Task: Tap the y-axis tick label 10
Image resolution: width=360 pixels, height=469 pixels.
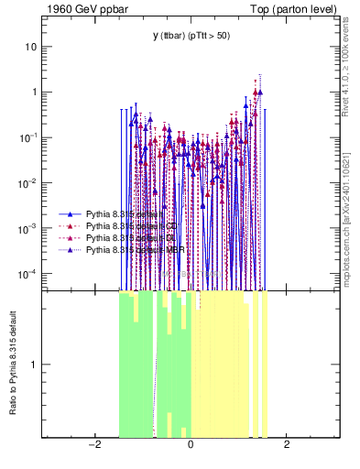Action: (x=30, y=46)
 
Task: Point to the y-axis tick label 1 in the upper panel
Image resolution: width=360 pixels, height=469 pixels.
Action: (x=33, y=92)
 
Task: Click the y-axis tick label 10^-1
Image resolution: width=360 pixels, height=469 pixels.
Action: (x=29, y=136)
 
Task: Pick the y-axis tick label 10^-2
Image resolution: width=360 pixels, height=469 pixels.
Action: (x=29, y=182)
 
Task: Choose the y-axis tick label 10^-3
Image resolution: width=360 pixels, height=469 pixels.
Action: (x=29, y=228)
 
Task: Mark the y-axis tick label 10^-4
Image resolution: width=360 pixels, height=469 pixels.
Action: (x=29, y=274)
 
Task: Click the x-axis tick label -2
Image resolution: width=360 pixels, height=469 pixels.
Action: (x=93, y=445)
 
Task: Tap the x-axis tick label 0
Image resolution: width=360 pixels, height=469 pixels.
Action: (x=191, y=445)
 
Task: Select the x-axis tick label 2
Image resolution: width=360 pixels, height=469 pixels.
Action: (x=287, y=445)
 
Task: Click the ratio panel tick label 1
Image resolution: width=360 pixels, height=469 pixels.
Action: (x=33, y=365)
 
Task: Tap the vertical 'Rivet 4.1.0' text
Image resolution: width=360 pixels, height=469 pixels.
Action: (x=352, y=65)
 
